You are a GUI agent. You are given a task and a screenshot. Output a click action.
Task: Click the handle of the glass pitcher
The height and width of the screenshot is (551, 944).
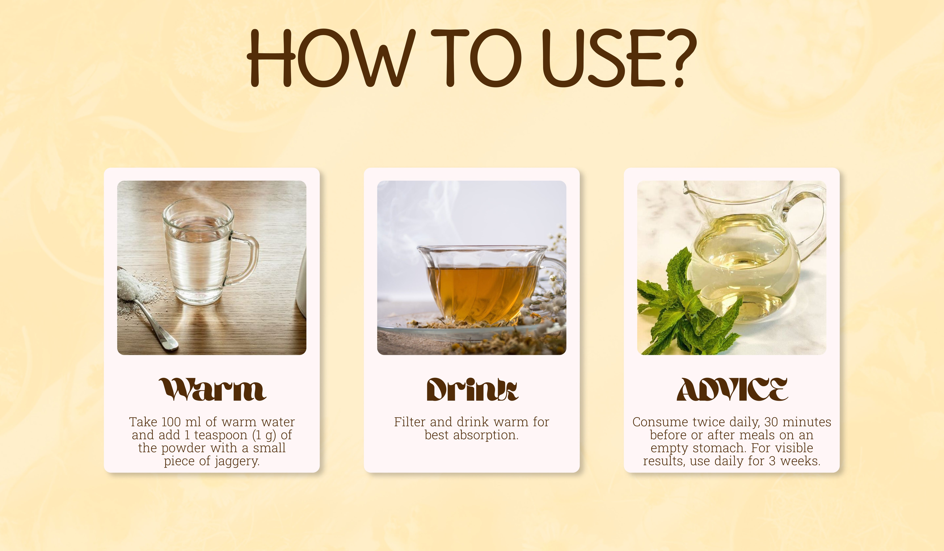click(809, 221)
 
